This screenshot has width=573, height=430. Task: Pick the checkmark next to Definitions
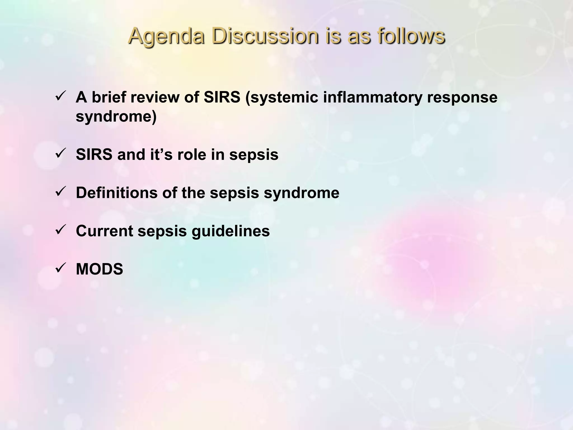[60, 192]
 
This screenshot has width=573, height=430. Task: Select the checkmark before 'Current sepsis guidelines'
[60, 230]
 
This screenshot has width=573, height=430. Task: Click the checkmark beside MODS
[60, 268]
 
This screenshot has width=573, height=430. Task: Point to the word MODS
[99, 269]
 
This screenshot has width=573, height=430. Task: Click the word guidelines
[231, 231]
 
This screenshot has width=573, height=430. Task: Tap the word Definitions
[116, 193]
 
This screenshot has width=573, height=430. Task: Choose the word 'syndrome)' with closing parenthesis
[116, 116]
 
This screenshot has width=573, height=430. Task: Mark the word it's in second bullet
[161, 155]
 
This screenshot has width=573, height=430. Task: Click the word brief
[109, 97]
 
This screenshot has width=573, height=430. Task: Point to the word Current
[104, 231]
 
